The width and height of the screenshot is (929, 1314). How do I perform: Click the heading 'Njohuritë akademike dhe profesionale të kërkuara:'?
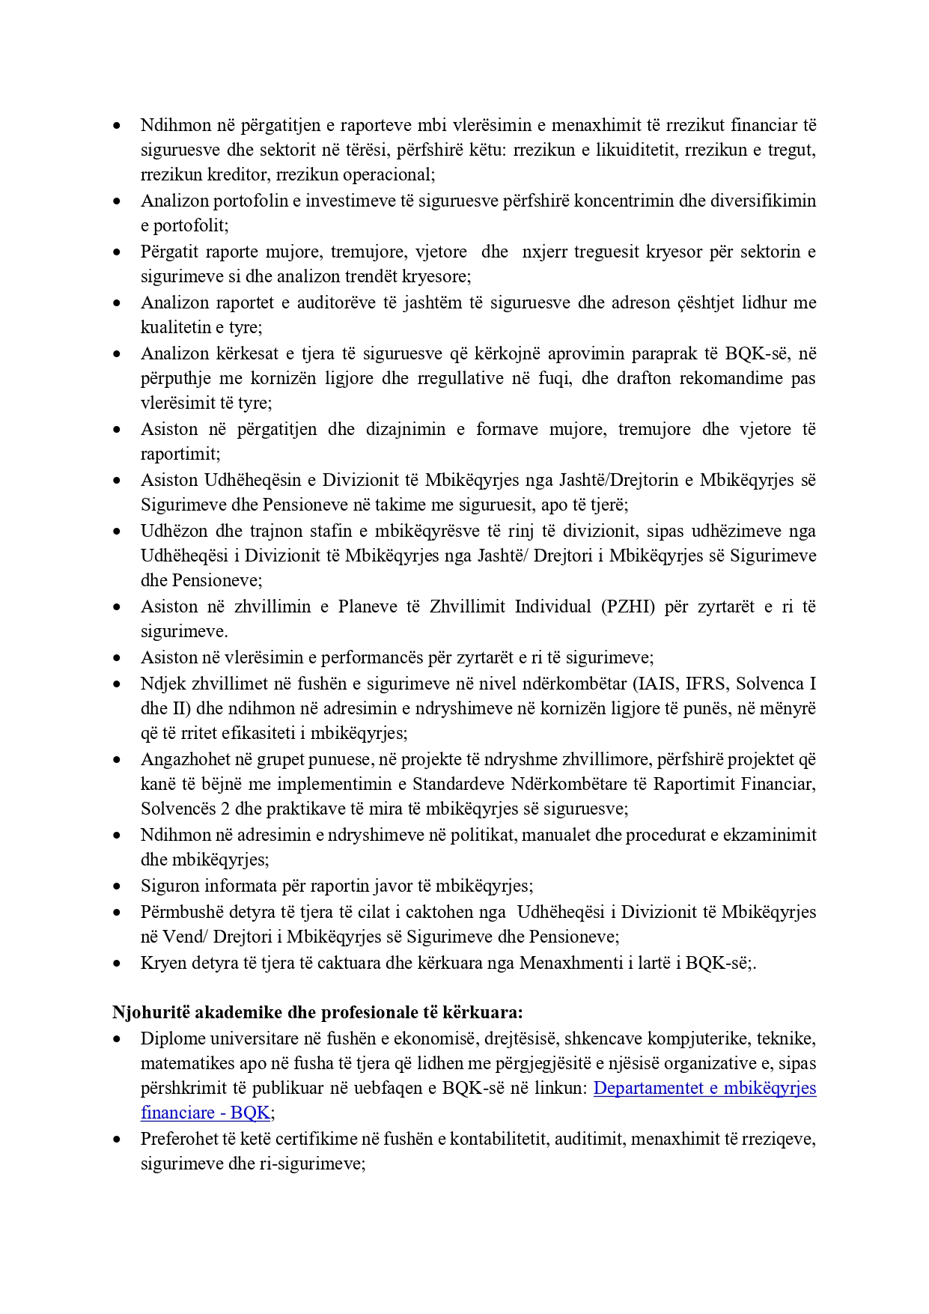[317, 1012]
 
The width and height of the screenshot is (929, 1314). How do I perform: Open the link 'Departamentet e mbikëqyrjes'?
[704, 1088]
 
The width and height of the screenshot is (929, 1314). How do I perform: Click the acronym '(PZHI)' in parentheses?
[628, 606]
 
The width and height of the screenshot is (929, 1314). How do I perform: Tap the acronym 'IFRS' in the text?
[706, 684]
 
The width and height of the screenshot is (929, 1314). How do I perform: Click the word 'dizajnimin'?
[407, 429]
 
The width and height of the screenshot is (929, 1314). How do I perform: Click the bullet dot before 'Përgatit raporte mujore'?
[117, 252]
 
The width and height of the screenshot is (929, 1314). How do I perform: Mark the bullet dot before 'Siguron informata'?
[117, 886]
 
